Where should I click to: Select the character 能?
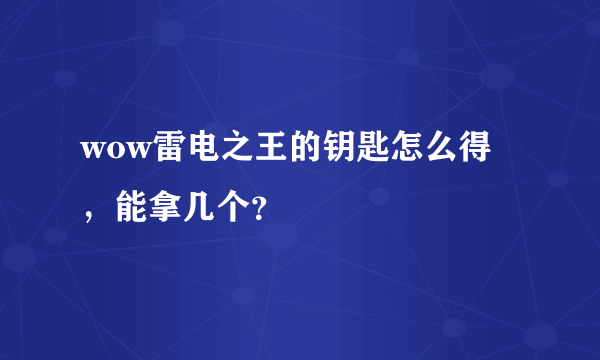point(130,203)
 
